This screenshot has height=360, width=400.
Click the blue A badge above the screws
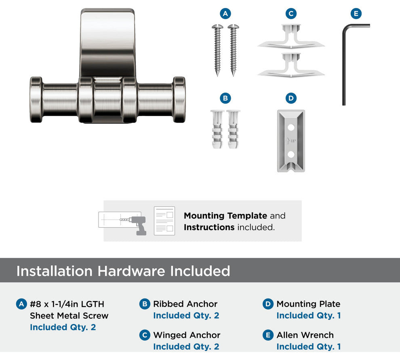[225, 13]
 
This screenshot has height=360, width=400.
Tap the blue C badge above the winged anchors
[291, 13]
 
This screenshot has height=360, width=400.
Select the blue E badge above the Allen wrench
[356, 13]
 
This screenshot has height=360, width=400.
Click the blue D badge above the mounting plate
[291, 98]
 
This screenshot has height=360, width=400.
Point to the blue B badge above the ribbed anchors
[225, 98]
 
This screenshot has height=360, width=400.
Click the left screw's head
[217, 26]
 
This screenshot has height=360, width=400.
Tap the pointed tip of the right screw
[233, 76]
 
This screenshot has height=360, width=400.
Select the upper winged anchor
[291, 37]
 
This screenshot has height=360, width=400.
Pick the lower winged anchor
[291, 66]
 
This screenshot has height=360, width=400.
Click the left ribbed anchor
[217, 129]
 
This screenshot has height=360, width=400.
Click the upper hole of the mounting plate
[291, 127]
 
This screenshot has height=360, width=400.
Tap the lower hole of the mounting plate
[291, 154]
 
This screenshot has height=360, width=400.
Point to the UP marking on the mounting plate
[293, 141]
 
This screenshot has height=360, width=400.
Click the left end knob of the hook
[36, 100]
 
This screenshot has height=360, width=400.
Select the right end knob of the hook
[179, 100]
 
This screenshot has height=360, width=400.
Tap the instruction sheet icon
[164, 221]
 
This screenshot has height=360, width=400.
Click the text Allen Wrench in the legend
[305, 335]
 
